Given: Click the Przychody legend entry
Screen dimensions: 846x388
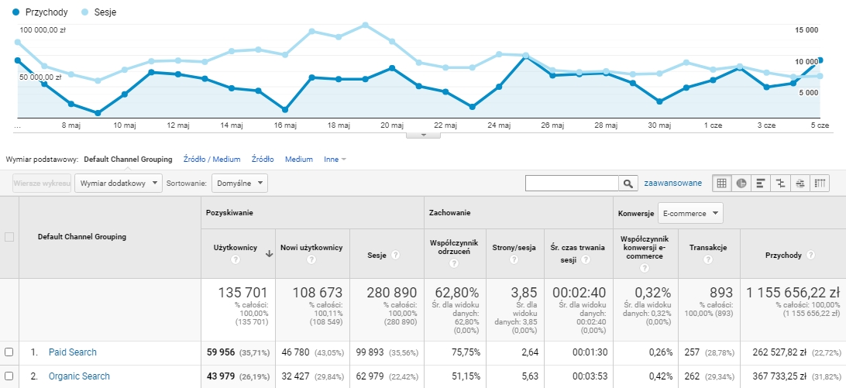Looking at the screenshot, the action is (x=40, y=12).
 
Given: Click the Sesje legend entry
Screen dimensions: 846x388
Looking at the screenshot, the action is (x=98, y=12).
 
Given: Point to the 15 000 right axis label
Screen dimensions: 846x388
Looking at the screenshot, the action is (x=806, y=30).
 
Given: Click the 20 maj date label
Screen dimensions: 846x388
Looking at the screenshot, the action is (x=392, y=125).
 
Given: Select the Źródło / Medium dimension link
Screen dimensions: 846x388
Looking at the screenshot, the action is (x=211, y=160).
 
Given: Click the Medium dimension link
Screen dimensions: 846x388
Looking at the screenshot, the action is (x=299, y=160).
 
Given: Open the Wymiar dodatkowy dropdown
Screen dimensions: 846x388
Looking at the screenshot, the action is (x=119, y=183).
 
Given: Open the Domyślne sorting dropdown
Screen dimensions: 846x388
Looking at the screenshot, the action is (x=239, y=183).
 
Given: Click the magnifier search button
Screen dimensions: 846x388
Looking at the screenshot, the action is (x=627, y=184).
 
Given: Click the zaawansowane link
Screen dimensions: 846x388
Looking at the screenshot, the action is (x=672, y=183).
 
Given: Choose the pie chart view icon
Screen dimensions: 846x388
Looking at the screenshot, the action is (x=741, y=184).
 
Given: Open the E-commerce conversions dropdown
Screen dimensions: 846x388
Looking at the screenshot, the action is (x=690, y=213).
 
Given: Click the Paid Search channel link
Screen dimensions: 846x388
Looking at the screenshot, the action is (x=72, y=352).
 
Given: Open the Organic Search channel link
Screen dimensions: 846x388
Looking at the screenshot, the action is (x=79, y=376).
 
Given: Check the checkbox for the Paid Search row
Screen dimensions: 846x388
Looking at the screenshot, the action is (x=9, y=352).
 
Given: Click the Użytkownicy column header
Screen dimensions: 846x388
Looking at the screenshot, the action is (x=234, y=248).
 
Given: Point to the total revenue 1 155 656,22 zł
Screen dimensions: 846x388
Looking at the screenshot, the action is (x=793, y=293).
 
